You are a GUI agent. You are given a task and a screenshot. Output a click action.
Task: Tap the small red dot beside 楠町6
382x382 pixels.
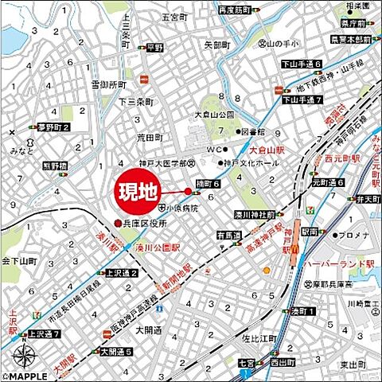(189, 191)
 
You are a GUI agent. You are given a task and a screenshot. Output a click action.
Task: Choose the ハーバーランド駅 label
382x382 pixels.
(345, 263)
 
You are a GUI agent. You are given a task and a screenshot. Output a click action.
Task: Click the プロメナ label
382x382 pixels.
(350, 236)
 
